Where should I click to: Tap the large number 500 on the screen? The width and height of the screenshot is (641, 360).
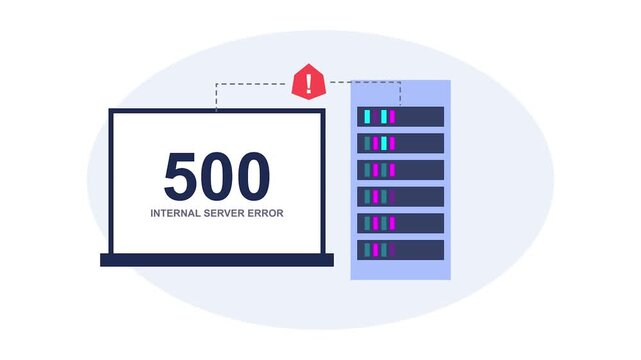217,176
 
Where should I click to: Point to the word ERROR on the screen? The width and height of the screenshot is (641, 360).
267,213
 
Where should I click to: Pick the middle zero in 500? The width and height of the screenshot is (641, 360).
217,176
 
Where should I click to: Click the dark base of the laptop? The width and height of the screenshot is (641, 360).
217,260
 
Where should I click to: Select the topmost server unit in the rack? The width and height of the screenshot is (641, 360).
400,117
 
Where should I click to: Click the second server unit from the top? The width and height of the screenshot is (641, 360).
400,143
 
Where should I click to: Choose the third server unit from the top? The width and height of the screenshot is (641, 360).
400,170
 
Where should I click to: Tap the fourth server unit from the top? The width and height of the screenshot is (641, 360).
400,196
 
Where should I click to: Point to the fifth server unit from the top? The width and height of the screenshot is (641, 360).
400,223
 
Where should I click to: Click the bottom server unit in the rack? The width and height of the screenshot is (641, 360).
400,249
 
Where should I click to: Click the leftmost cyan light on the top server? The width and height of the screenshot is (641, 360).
367,117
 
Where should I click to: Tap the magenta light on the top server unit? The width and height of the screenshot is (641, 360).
392,117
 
